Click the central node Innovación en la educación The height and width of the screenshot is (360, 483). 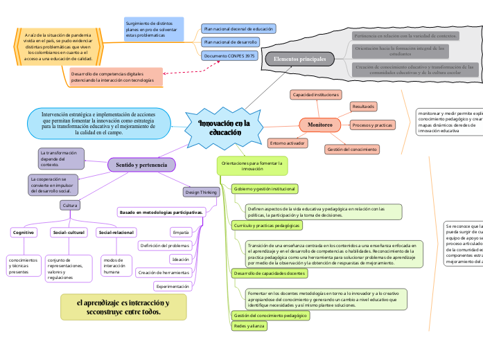tap(224, 127)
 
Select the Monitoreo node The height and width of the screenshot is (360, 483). tap(315, 125)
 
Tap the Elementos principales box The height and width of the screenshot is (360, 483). tap(299, 60)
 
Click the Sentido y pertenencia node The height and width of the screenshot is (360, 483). tap(141, 165)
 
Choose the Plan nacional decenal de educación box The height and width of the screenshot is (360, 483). tap(238, 29)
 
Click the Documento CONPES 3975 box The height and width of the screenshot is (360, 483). tap(229, 55)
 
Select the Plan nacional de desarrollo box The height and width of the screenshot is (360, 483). tap(229, 42)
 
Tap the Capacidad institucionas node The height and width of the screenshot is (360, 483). tap(315, 93)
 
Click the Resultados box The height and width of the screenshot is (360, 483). tap(363, 107)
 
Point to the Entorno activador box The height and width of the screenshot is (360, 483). tap(287, 143)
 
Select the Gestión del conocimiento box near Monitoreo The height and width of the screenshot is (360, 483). tap(351, 150)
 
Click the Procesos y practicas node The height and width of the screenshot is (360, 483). tap(372, 125)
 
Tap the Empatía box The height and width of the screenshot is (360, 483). tap(181, 213)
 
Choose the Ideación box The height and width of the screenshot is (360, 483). tap(179, 240)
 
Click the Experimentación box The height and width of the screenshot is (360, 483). tap(173, 267)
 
